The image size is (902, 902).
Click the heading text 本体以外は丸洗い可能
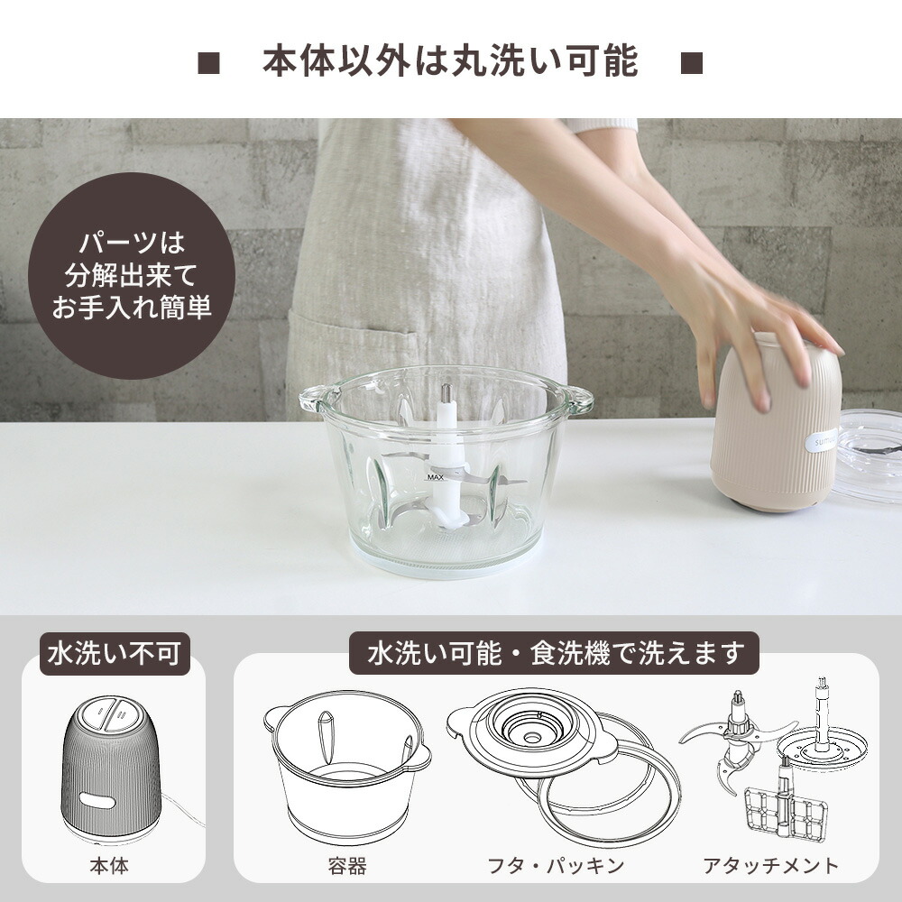[450, 60]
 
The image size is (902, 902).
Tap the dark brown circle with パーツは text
[132, 276]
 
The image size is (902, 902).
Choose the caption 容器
[347, 867]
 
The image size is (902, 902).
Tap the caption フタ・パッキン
[556, 867]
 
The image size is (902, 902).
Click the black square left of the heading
[209, 63]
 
